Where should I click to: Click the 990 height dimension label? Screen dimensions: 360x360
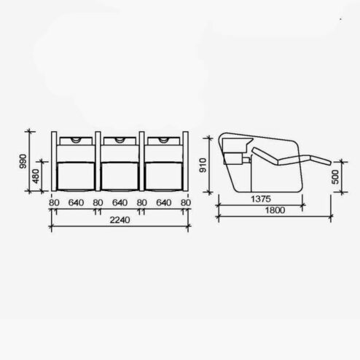(x=23, y=161)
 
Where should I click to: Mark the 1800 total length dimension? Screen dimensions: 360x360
(x=275, y=211)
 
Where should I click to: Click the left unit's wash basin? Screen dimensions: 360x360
(x=75, y=140)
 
